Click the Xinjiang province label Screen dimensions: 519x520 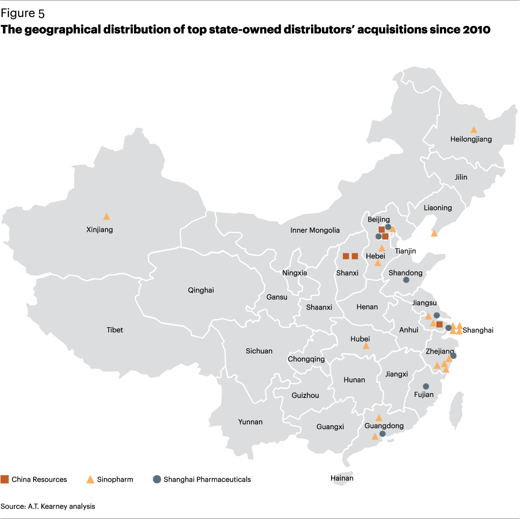pos(100,230)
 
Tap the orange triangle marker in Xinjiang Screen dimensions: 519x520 pos(107,216)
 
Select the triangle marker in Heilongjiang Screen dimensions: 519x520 pos(473,130)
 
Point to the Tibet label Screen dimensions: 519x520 pos(115,330)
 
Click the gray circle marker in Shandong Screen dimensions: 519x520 pos(406,280)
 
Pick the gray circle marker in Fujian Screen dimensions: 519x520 pos(426,386)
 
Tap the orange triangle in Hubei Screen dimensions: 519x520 pos(365,346)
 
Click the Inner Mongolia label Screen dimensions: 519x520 pos(315,230)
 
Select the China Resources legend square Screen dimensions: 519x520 pos(5,479)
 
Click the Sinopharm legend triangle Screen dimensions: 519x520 pos(90,479)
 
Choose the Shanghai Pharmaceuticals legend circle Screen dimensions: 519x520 pos(157,479)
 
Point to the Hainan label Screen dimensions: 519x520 pos(342,478)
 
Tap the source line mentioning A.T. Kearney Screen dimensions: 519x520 pos(48,506)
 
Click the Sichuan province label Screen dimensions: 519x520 pos(259,351)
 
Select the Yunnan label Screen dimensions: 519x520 pos(251,422)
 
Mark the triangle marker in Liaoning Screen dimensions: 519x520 pos(434,233)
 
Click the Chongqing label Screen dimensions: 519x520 pos(306,359)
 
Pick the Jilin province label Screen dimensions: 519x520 pos(461,177)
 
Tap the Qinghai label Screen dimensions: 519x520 pos(201,290)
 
